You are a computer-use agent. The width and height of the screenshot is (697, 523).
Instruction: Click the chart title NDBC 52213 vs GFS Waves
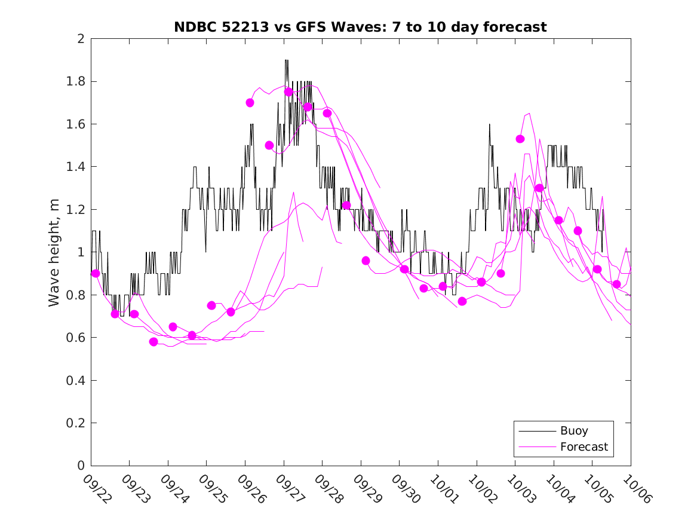click(x=360, y=27)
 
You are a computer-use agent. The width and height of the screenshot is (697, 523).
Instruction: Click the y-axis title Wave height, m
click(x=54, y=252)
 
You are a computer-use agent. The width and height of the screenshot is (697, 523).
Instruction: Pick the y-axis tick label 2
click(x=80, y=39)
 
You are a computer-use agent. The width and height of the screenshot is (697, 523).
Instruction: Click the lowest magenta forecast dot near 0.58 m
click(x=153, y=342)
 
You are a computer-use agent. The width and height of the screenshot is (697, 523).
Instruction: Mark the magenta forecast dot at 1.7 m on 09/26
click(x=250, y=103)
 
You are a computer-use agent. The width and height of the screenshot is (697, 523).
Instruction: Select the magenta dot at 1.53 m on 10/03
click(x=520, y=139)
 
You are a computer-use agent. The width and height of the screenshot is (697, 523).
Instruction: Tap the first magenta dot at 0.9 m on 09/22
click(x=96, y=273)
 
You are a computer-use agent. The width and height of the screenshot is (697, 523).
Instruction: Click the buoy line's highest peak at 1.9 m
click(x=287, y=60)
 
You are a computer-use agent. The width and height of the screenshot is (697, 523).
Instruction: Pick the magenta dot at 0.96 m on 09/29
click(x=366, y=261)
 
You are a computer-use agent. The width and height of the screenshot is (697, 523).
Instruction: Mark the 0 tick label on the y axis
click(x=80, y=466)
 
